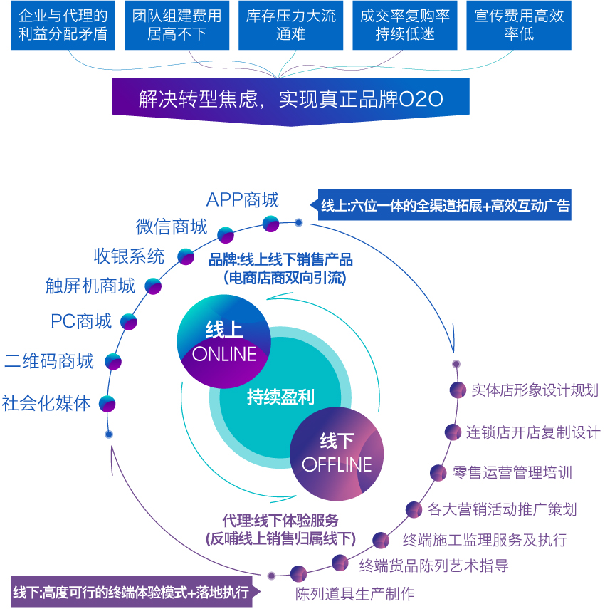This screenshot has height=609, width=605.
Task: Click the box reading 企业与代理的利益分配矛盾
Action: point(63,25)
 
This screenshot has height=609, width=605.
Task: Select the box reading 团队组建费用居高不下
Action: point(177,25)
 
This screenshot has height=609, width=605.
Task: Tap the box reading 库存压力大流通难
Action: point(290,25)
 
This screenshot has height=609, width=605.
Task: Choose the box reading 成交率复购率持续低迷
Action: point(404,25)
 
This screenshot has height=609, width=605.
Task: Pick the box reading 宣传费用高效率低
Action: point(519,25)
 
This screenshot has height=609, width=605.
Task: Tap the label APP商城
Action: point(243,199)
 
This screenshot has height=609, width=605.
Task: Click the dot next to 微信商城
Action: point(226,234)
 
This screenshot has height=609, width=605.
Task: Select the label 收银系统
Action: point(129,256)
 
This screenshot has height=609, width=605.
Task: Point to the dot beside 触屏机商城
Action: point(153,286)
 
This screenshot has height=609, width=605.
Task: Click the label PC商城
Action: point(81,321)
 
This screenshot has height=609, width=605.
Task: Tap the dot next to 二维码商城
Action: point(113,361)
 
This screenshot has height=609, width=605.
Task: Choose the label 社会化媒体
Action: point(47,403)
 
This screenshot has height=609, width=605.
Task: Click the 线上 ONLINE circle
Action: point(224,341)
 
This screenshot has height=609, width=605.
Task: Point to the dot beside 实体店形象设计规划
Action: point(458,390)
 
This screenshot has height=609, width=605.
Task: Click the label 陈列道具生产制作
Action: point(354,593)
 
